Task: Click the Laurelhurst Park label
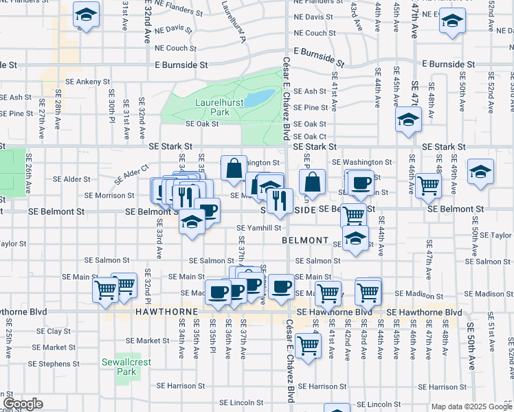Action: click(x=210, y=106)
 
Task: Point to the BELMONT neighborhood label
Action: click(x=306, y=240)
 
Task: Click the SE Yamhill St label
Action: click(x=259, y=228)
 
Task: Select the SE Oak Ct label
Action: click(x=310, y=137)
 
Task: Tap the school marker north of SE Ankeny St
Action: click(x=87, y=14)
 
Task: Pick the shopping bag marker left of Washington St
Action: click(x=234, y=167)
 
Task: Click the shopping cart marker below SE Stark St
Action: click(x=428, y=184)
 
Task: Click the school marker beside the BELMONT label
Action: click(x=355, y=239)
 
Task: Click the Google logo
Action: click(x=23, y=404)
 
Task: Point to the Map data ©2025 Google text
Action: click(x=471, y=407)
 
